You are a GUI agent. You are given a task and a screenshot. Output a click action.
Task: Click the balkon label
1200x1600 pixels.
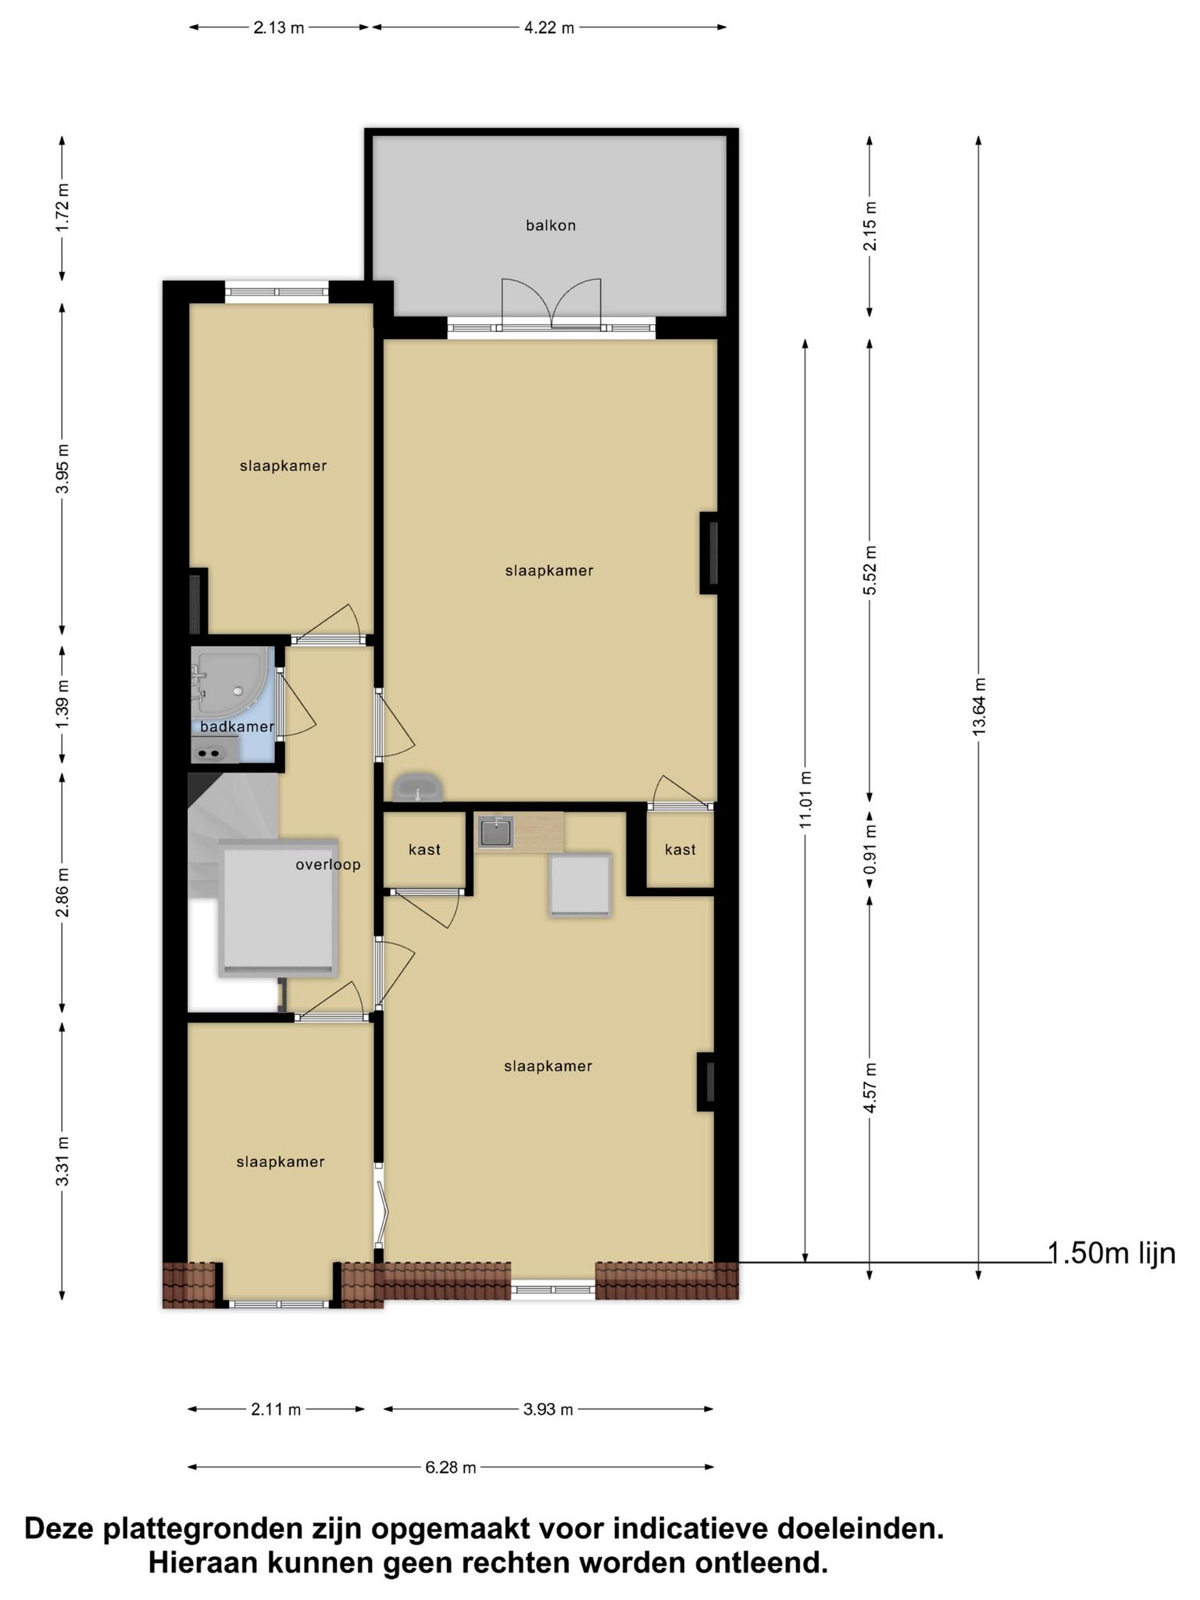tap(551, 226)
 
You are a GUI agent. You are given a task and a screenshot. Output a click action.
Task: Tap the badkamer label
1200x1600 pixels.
tap(237, 727)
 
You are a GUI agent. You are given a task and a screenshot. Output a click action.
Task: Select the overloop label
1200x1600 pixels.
tap(328, 865)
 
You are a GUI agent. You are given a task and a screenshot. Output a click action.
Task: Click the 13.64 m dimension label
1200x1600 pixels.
tap(979, 705)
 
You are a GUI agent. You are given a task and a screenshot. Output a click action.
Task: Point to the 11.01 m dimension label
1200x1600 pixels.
tap(806, 799)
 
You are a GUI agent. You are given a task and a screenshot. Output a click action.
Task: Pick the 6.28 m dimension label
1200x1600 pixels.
tap(451, 1467)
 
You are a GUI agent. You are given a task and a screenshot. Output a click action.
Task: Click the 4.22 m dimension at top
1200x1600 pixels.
tap(548, 28)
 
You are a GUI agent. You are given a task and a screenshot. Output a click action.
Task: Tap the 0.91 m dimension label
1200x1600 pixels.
tap(870, 851)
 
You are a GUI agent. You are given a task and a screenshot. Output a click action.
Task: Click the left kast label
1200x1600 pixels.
tap(425, 849)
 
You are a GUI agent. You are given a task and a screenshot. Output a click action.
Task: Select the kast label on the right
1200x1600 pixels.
tap(680, 849)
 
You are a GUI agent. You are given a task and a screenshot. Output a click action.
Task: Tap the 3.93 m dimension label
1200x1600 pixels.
tap(548, 1409)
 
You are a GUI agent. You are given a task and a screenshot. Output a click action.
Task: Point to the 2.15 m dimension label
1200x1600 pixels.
tap(870, 226)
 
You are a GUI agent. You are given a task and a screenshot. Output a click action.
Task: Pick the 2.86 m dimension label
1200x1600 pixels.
tap(63, 892)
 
